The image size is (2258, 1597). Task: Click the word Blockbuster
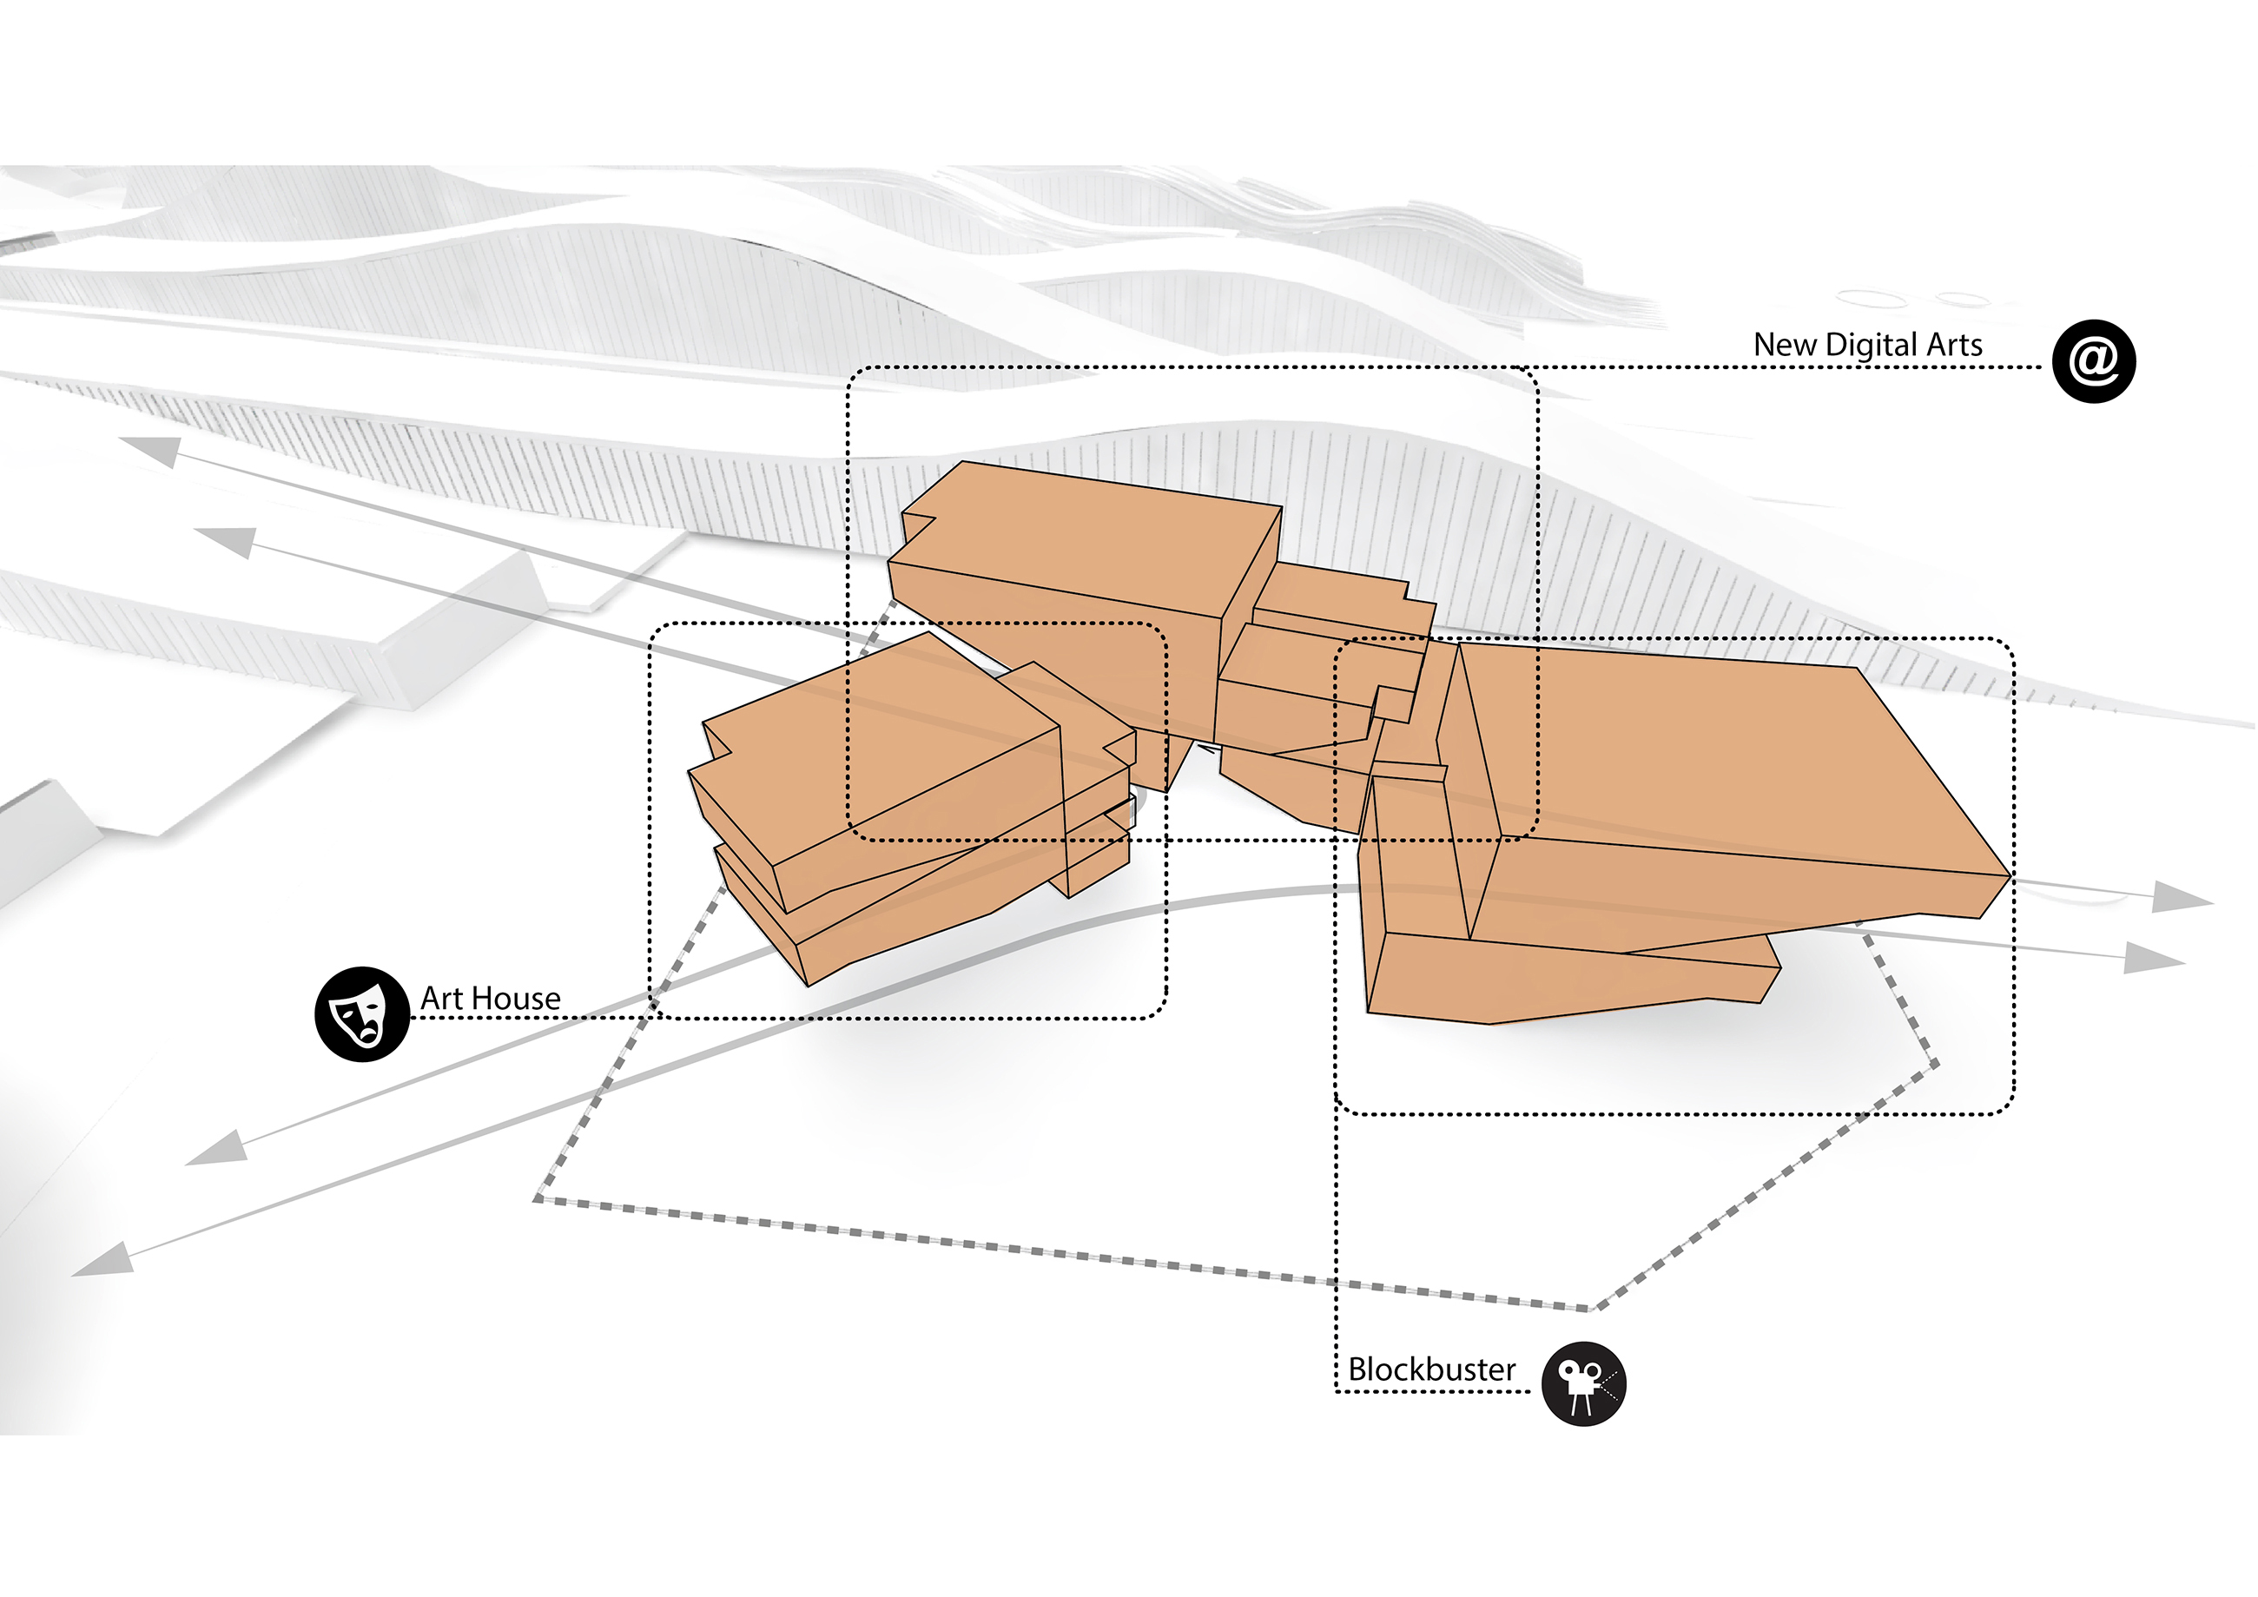[1431, 1369]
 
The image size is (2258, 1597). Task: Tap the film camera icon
[1583, 1383]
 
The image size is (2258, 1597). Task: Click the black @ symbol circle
[2093, 361]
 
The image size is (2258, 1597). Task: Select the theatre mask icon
[361, 1013]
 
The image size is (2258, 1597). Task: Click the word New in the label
[1784, 345]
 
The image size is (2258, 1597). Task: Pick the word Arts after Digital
[1954, 345]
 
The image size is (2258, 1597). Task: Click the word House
[519, 1000]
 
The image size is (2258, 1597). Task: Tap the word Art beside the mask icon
[440, 1000]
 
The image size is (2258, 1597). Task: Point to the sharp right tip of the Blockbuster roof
[2007, 874]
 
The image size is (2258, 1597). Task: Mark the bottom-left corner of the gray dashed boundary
[538, 1198]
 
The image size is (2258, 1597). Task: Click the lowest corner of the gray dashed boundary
[1589, 1309]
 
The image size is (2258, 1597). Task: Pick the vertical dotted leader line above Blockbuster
[1336, 1229]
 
